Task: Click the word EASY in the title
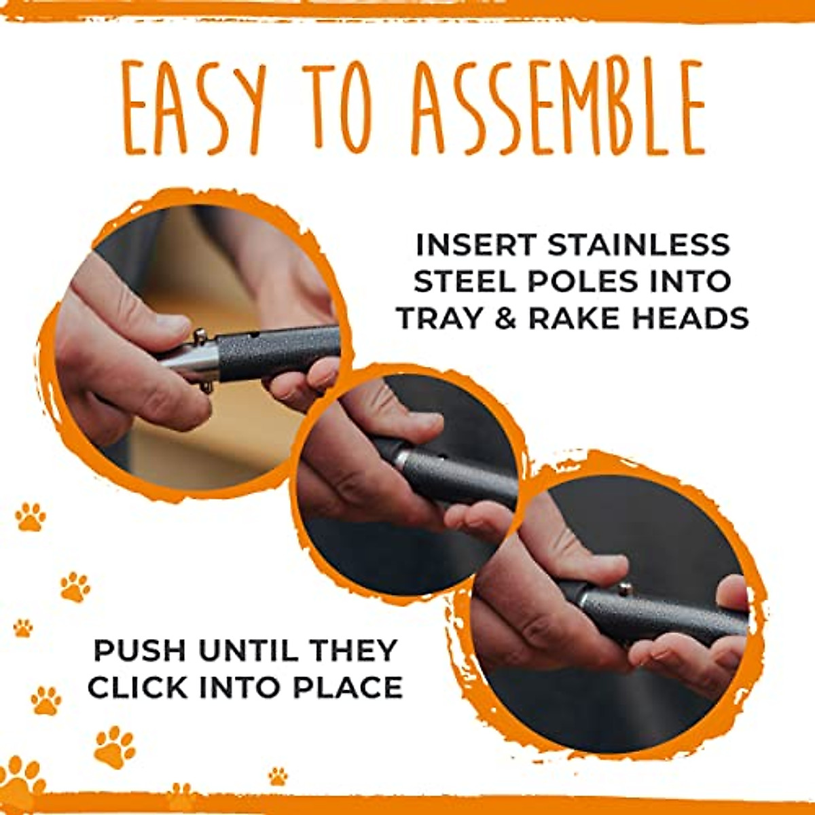coord(194,107)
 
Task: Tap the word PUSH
coord(139,651)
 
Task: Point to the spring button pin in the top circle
coord(200,336)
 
